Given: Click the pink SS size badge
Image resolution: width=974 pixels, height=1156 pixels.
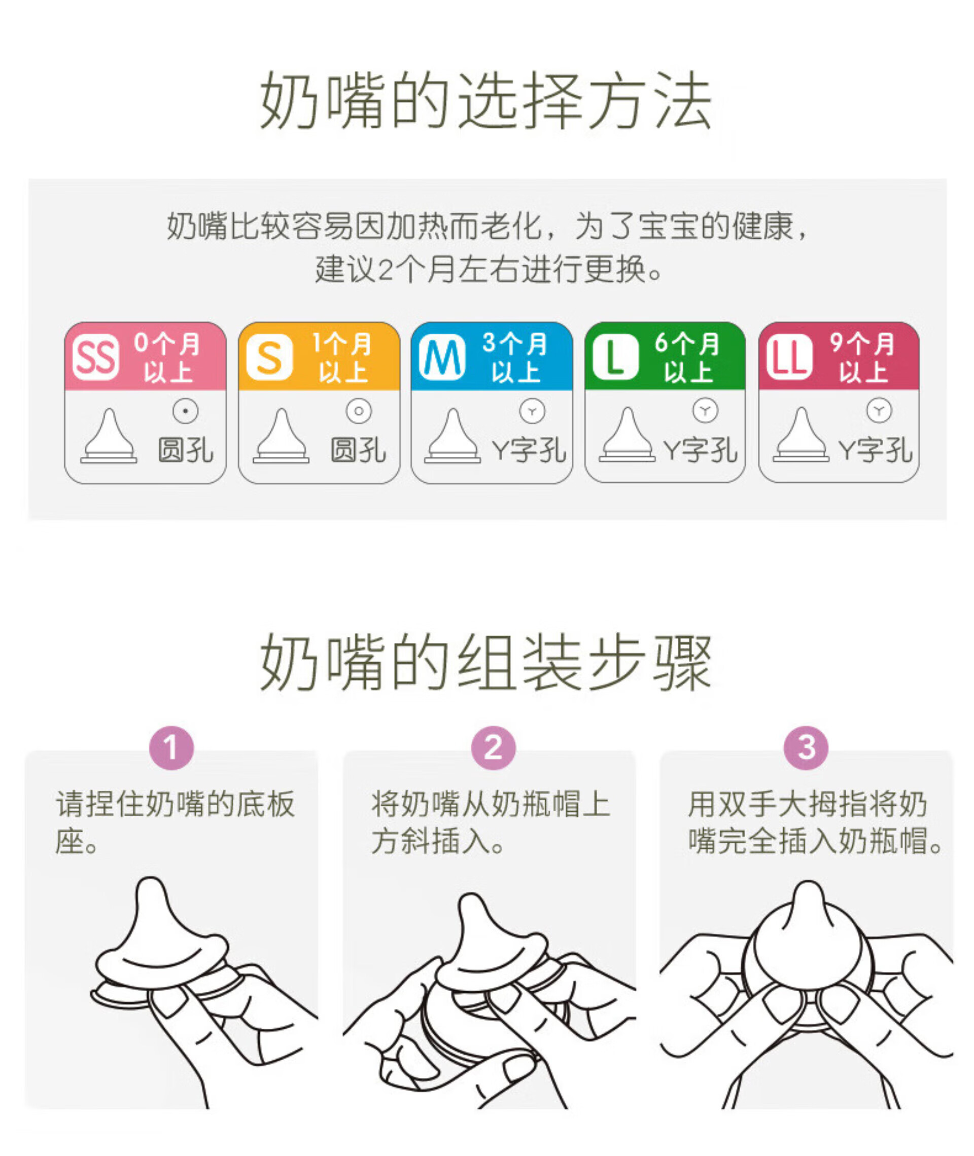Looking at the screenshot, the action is coord(95,357).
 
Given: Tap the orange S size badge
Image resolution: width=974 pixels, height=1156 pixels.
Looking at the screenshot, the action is coord(269,357).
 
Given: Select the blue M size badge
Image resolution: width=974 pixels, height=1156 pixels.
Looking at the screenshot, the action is coord(442,357).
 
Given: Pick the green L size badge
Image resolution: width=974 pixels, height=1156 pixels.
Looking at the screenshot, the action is coord(615,357).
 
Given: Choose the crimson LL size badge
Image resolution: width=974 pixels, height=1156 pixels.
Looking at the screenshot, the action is coord(789,357).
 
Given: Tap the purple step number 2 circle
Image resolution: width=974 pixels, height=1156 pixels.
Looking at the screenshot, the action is coord(493,748).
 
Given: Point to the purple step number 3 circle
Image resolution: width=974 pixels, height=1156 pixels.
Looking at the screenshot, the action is coord(806,748).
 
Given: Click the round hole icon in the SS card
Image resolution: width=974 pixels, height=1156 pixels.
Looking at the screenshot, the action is coord(186,411).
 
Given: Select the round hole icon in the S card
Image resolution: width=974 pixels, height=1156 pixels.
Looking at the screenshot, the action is coord(359,411).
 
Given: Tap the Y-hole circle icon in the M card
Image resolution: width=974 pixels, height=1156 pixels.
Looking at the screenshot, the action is coord(532,411).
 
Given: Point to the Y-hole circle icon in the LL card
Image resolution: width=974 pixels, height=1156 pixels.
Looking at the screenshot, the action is coord(879,411).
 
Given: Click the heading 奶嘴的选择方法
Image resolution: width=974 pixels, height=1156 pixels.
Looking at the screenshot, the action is coord(486,101).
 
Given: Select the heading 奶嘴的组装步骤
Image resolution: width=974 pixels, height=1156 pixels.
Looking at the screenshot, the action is coord(486,662).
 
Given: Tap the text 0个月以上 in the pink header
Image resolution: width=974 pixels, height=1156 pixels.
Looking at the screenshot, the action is coord(167,357).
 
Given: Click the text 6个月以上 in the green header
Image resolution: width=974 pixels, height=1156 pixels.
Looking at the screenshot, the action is coord(687,357).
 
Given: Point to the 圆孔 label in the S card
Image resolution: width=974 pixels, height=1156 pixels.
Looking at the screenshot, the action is coord(358,450).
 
